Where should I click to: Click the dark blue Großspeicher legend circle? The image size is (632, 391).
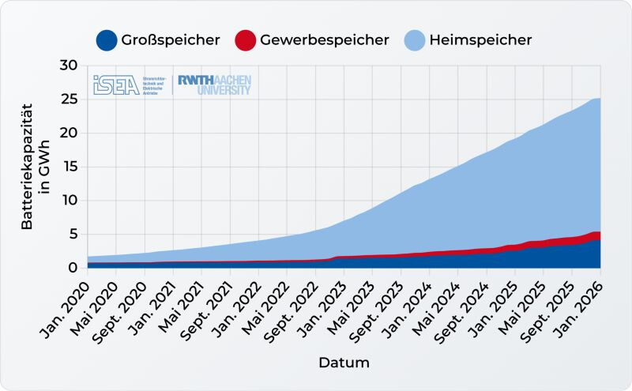(107, 40)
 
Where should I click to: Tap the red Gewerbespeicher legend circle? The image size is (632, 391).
(246, 40)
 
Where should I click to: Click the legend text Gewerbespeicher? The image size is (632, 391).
(325, 40)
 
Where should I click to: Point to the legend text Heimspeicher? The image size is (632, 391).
(480, 40)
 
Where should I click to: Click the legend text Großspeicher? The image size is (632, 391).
(170, 40)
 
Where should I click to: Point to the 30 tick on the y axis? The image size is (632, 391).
(69, 66)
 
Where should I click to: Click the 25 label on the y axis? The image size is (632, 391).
(69, 100)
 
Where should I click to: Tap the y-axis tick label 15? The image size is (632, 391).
(69, 167)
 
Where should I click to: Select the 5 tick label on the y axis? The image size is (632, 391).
(73, 234)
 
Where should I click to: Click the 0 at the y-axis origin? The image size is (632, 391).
(73, 268)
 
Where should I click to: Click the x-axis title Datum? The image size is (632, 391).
(344, 363)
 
